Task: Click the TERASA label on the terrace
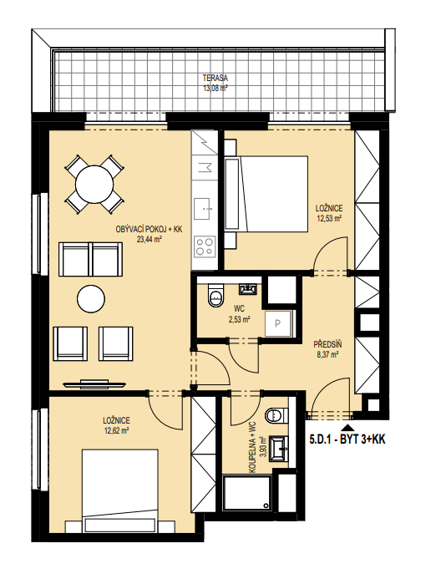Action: pos(215,79)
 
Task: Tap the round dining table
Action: pos(94,184)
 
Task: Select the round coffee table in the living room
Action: pos(91,299)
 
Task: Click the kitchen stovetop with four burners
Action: pos(205,246)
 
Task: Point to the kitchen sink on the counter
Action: pos(205,209)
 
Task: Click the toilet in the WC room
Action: pos(215,295)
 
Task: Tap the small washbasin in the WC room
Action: pos(248,289)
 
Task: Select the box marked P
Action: pos(278,323)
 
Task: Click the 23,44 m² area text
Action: pos(149,240)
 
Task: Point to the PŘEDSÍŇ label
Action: pos(327,344)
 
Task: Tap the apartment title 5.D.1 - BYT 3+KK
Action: pos(347,439)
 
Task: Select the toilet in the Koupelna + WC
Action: pos(277,415)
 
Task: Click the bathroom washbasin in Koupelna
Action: pos(279,449)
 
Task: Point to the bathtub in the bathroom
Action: pos(247,493)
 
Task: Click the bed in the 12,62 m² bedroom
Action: pos(120,490)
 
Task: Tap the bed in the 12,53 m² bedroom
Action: pos(267,194)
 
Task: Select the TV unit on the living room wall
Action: pos(94,384)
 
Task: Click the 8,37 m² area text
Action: pos(327,355)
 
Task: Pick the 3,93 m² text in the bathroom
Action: pos(262,447)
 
